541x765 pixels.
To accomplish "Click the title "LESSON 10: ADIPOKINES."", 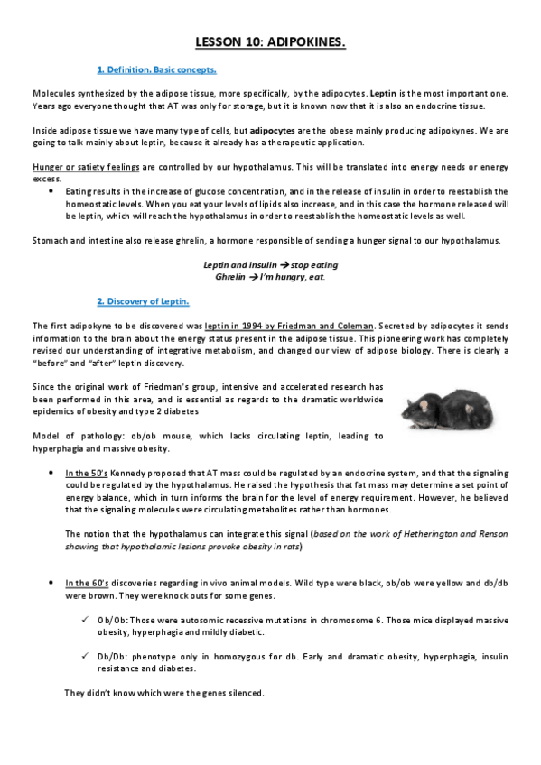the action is click(x=270, y=42).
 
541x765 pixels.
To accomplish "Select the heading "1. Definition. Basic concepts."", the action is click(x=155, y=69).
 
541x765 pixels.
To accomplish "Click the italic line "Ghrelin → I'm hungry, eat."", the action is click(x=270, y=276).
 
